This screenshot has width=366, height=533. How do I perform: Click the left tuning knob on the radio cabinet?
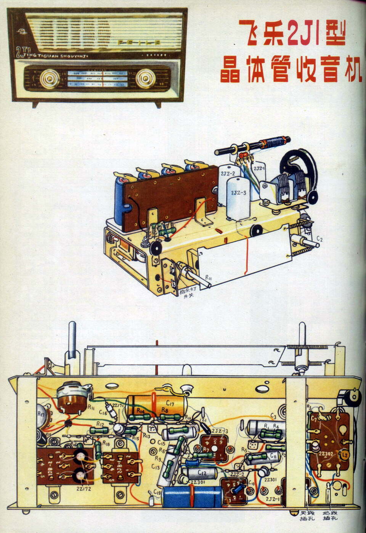point(50,78)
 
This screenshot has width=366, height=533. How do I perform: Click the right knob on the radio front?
point(145,78)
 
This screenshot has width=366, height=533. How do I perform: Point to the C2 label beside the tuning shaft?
point(319,239)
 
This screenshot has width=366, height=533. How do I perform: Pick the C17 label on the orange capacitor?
point(170,403)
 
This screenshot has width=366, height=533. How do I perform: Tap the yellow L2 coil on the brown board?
point(344,454)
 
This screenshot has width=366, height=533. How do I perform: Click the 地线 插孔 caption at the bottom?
point(330,516)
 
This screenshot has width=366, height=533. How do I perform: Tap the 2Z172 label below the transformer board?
point(83,488)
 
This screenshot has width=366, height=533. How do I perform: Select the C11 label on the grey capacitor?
point(274,455)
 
